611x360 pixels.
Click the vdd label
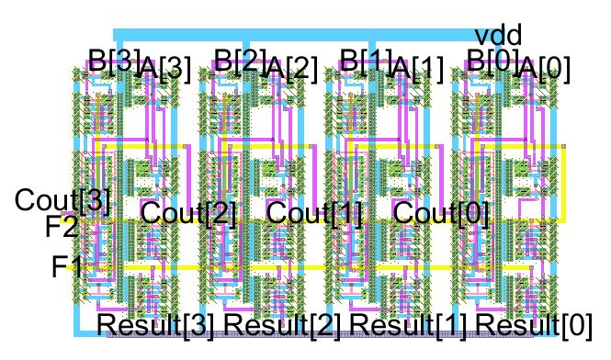click(498, 36)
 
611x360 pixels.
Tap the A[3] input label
click(164, 69)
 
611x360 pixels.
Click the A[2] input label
click(290, 69)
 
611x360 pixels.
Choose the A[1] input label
click(417, 69)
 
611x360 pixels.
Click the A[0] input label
click(543, 69)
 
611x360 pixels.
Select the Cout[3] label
click(62, 201)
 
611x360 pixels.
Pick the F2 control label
click(62, 226)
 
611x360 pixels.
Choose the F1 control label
click(67, 267)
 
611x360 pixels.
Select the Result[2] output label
click(284, 325)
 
